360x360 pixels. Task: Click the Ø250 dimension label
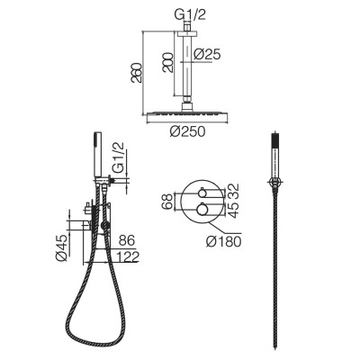click(x=187, y=131)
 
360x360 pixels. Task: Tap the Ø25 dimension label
click(x=207, y=54)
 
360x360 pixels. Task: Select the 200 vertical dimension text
click(x=167, y=62)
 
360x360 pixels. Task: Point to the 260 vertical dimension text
click(x=136, y=73)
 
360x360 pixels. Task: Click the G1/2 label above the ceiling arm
click(x=190, y=15)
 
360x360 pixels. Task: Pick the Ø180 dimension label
click(x=224, y=241)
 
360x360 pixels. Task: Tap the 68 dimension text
click(x=167, y=202)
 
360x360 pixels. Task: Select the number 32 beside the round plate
click(x=235, y=190)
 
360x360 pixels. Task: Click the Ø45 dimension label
click(x=63, y=248)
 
